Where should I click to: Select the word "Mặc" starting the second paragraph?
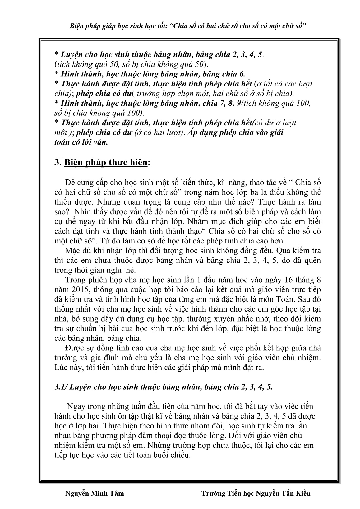click(x=74, y=251)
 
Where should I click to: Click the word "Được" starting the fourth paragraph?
click(x=75, y=348)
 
